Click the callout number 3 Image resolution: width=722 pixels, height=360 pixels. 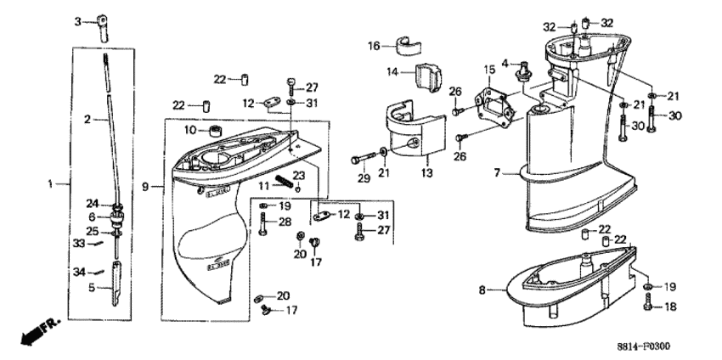(x=77, y=20)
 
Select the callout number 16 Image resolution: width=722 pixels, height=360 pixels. (x=373, y=47)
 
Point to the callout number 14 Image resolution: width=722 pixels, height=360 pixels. (x=392, y=74)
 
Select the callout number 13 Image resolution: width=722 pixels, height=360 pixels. (x=426, y=172)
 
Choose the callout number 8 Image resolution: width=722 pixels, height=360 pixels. (x=482, y=290)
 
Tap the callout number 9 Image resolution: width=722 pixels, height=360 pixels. (x=146, y=185)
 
